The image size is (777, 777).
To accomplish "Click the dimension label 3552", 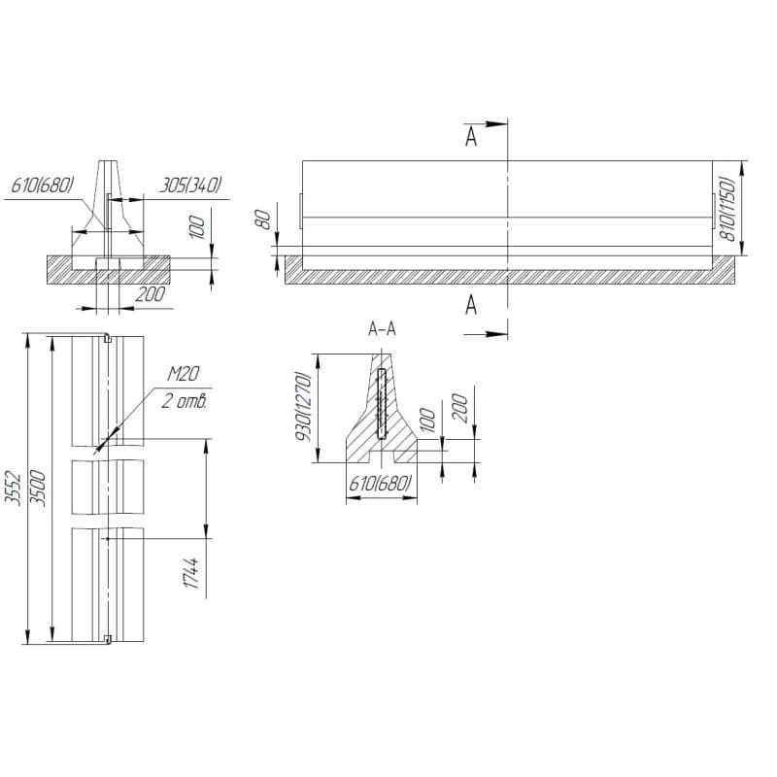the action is [13, 489].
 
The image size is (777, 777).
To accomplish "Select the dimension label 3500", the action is [38, 489].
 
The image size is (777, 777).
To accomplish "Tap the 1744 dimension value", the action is [191, 573].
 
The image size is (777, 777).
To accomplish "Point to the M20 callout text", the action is [183, 374].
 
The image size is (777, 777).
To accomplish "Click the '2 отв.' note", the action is [184, 401].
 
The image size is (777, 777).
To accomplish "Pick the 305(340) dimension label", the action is [189, 186].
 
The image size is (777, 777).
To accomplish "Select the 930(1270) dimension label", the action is [303, 406].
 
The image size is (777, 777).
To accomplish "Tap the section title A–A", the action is [382, 329].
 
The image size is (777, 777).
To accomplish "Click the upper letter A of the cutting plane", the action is [471, 137].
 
